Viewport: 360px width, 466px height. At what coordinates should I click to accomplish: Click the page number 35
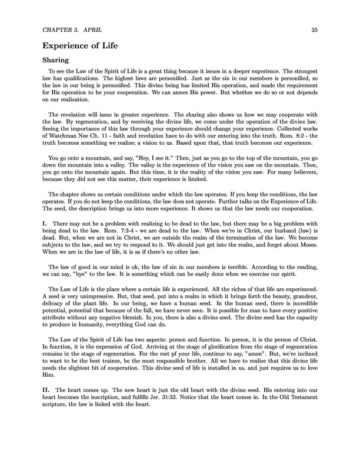pyautogui.click(x=314, y=29)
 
